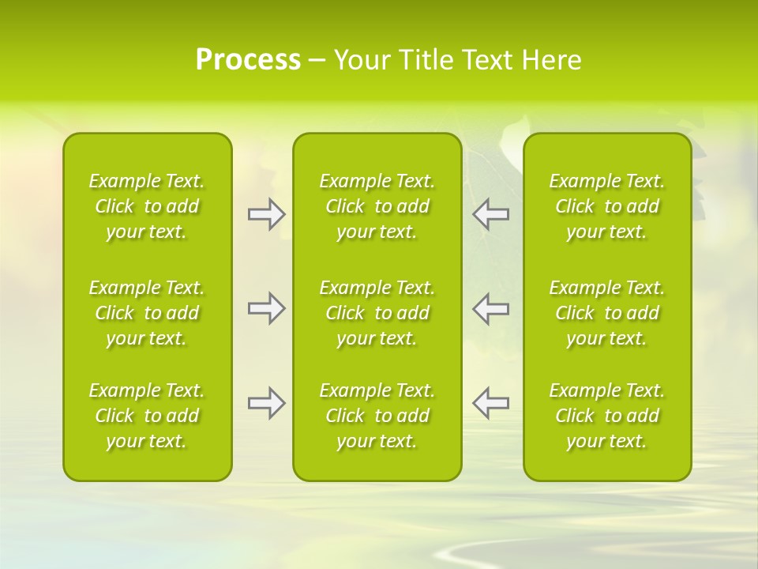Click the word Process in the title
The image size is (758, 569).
(x=248, y=59)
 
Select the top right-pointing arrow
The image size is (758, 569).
(x=266, y=214)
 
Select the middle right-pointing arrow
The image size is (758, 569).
(x=266, y=308)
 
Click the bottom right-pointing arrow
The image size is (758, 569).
(x=266, y=403)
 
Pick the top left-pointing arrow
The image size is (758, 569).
(x=490, y=214)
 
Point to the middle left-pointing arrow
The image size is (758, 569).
(x=490, y=308)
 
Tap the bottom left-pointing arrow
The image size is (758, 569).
(x=490, y=403)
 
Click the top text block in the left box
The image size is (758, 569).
(x=147, y=206)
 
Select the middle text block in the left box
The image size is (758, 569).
(x=147, y=313)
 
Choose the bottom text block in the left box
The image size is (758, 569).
(x=147, y=416)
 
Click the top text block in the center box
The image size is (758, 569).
(x=377, y=206)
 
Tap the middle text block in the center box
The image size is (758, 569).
(x=377, y=313)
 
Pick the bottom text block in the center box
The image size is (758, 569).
(x=377, y=416)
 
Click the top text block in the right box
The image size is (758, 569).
(x=606, y=206)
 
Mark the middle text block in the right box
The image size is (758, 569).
(x=606, y=313)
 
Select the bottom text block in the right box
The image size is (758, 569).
(x=606, y=416)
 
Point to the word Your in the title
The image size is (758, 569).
(x=361, y=59)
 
